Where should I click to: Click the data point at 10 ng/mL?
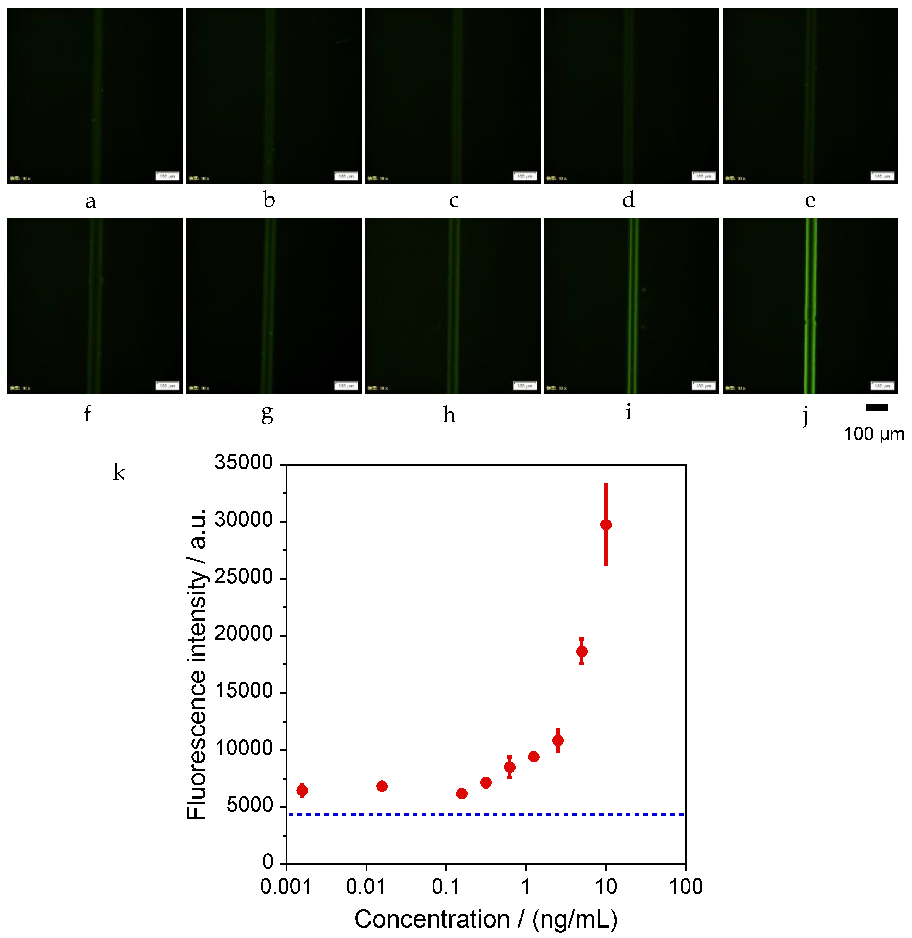606,525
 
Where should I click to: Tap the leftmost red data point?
302,790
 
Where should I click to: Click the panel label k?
119,472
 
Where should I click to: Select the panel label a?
90,201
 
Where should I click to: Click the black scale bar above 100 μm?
877,408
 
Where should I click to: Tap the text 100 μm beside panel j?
874,434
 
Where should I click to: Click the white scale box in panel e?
882,176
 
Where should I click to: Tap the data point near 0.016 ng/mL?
382,786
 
